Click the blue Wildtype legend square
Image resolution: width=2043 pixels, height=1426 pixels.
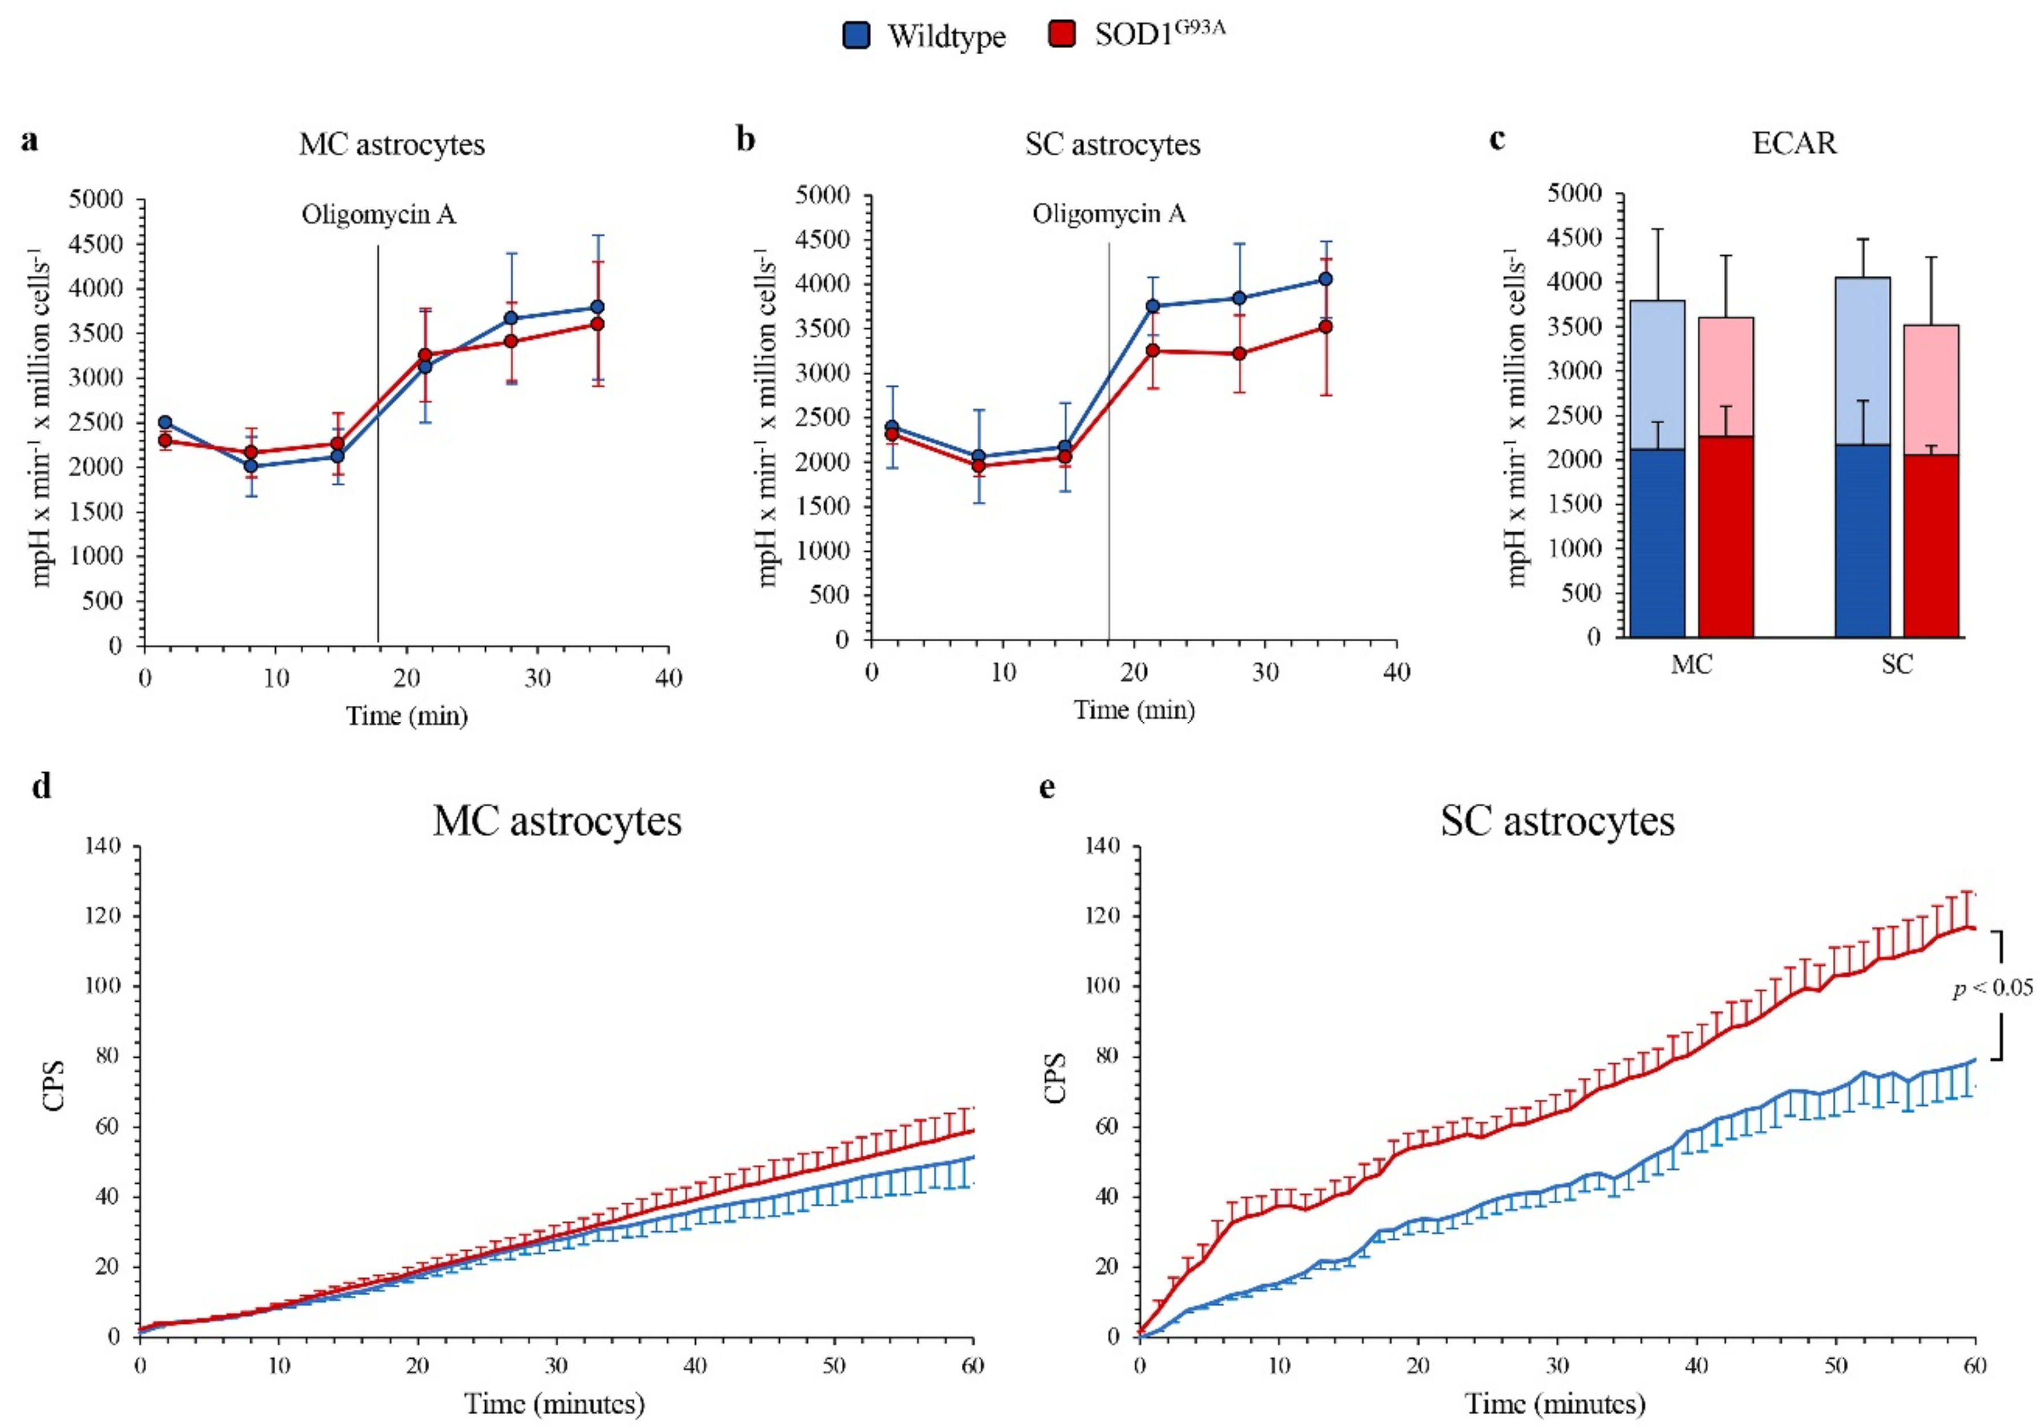pos(856,35)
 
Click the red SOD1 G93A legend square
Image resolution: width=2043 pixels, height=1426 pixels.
pos(1062,35)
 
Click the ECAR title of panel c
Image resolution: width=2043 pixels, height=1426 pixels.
pos(1794,143)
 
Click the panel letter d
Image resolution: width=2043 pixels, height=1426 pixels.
pos(41,787)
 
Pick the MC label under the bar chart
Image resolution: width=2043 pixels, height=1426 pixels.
pos(1691,665)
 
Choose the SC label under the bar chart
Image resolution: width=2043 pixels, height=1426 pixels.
pos(1896,664)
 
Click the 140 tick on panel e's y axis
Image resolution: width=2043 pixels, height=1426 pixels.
pos(1102,846)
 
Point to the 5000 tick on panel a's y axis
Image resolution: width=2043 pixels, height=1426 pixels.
pos(95,199)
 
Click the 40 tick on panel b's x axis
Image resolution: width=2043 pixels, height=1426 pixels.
pos(1396,672)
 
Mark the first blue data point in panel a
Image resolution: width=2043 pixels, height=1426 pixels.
pos(164,423)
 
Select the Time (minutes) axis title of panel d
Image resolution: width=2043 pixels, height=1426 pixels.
pos(554,1404)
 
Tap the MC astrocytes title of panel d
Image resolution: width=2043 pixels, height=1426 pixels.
pos(557,821)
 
